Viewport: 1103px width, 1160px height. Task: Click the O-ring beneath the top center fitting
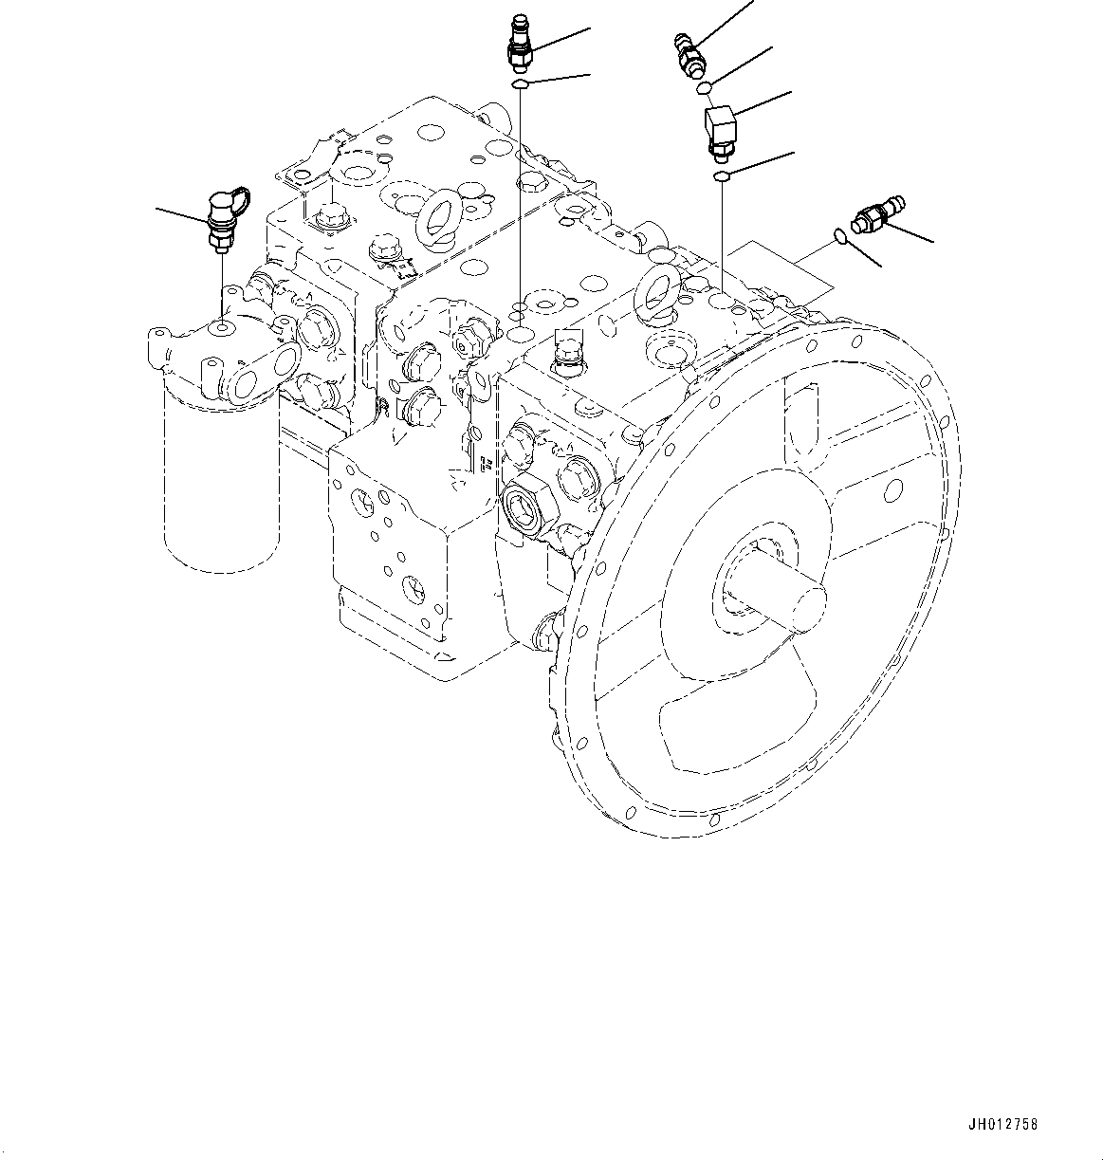pyautogui.click(x=521, y=86)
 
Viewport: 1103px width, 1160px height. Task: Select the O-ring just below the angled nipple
pyautogui.click(x=704, y=89)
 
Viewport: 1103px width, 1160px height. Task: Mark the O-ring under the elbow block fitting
pyautogui.click(x=722, y=176)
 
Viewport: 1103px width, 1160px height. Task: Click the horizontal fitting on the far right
pyautogui.click(x=878, y=215)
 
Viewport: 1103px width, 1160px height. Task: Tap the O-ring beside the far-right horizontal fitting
pyautogui.click(x=840, y=236)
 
